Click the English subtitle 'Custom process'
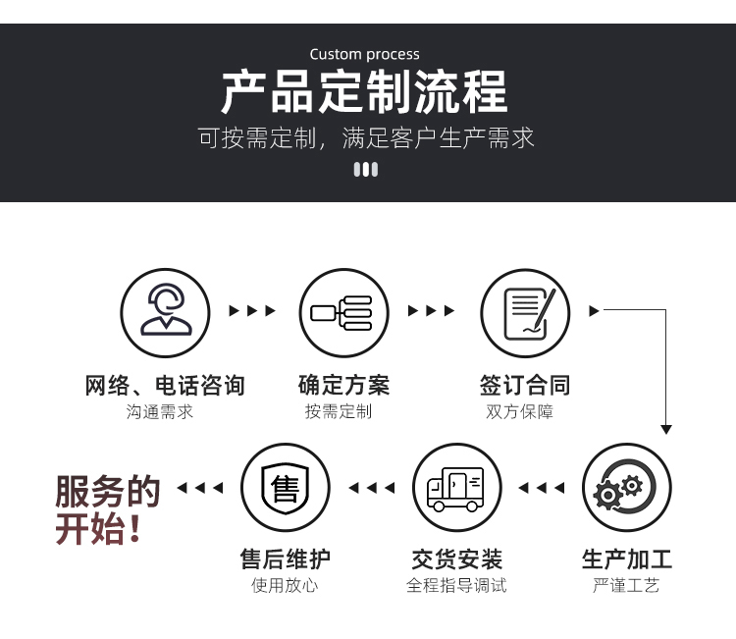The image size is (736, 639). tap(365, 54)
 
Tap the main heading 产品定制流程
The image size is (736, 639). tap(365, 91)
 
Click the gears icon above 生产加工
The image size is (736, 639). tap(627, 488)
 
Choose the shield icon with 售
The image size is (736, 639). tap(286, 488)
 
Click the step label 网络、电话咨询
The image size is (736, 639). tap(165, 386)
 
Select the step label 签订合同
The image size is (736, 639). tap(525, 386)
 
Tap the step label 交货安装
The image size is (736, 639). tap(457, 559)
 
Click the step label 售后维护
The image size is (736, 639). tap(286, 559)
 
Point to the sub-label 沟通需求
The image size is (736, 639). tap(160, 411)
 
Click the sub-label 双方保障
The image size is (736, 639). tap(519, 411)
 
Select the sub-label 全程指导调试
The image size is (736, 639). tap(456, 585)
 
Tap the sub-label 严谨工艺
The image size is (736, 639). tap(626, 585)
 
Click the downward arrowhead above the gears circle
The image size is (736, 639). tap(666, 429)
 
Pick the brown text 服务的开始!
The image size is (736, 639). tap(108, 509)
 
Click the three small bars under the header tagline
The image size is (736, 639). tap(366, 170)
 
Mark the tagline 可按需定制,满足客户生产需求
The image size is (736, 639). tap(366, 138)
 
